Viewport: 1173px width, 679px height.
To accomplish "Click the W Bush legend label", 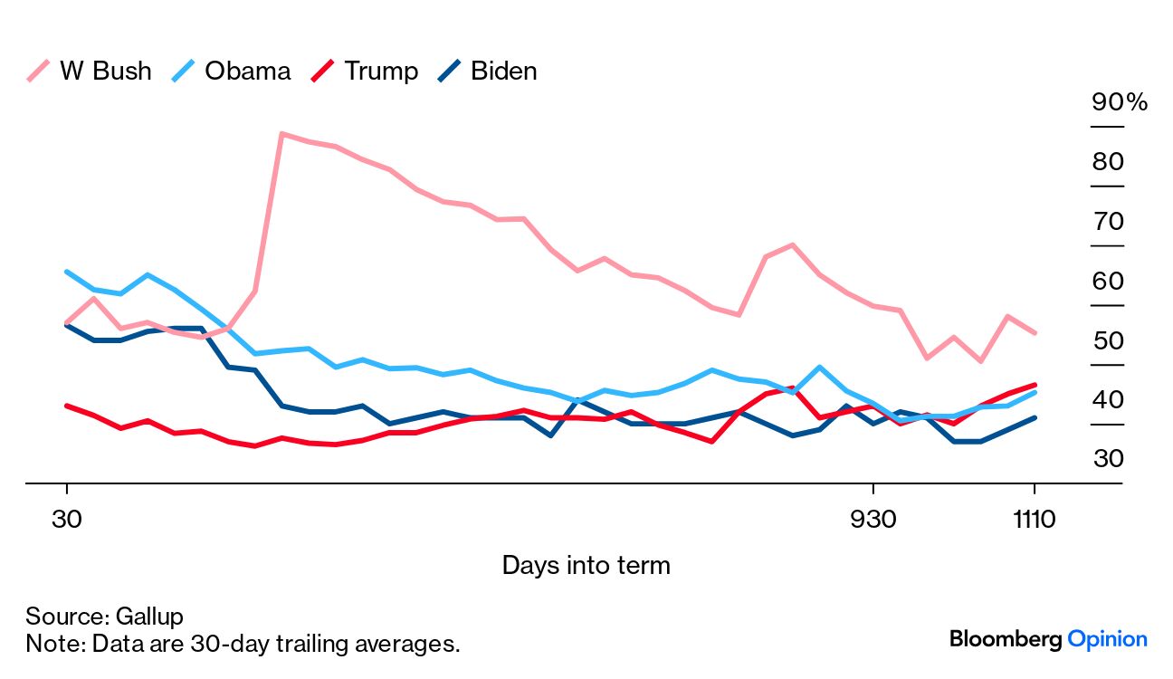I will (x=105, y=72).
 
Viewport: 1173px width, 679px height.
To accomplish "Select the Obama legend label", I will (x=247, y=72).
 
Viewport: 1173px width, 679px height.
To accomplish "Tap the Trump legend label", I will (x=380, y=72).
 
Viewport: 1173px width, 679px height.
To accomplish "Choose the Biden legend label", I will (x=503, y=72).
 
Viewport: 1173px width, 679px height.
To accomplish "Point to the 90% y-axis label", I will (x=1119, y=102).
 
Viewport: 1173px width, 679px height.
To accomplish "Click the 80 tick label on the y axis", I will (x=1108, y=162).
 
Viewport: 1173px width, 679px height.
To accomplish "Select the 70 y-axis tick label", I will (x=1108, y=222).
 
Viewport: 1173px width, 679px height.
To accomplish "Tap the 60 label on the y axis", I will (x=1108, y=282).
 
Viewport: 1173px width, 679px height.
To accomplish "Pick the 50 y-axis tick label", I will (x=1108, y=341).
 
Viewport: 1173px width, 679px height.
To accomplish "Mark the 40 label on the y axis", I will (x=1108, y=400).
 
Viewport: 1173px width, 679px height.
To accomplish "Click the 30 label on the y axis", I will (x=1108, y=459).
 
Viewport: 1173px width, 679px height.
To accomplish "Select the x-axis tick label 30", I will (x=67, y=520).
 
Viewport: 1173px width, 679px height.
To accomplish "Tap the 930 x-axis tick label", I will (x=873, y=520).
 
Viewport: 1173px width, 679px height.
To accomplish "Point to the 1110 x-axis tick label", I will (x=1034, y=520).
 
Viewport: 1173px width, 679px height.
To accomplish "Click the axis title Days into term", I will (x=586, y=566).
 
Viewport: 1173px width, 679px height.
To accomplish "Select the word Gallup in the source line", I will (x=149, y=617).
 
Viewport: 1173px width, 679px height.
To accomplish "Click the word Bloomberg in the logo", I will (x=1005, y=639).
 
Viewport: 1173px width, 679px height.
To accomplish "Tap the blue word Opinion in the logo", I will (x=1108, y=639).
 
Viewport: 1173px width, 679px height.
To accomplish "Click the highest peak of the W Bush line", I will (x=282, y=134).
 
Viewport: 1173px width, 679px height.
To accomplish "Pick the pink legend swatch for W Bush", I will (x=39, y=72).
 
